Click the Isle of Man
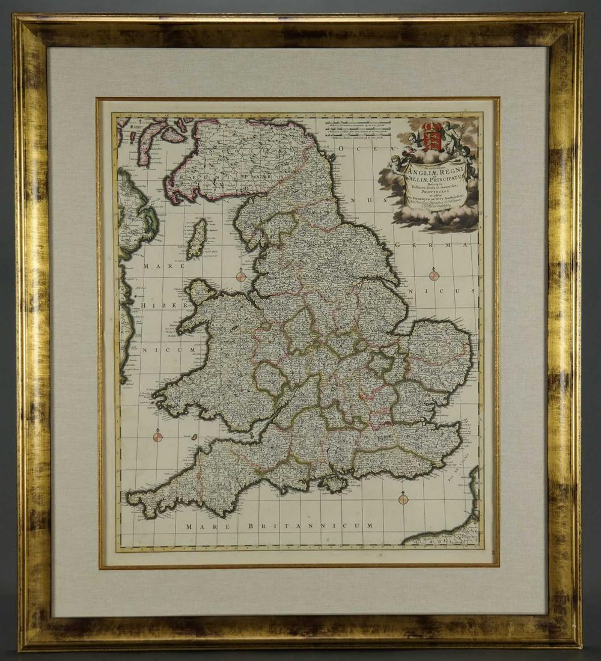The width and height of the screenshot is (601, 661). pos(196,239)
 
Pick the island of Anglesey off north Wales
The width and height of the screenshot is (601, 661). pos(200,292)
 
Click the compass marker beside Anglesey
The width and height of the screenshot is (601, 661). pos(240,276)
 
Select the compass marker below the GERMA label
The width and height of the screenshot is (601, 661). pos(434,276)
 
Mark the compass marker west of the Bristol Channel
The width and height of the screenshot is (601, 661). pos(157,437)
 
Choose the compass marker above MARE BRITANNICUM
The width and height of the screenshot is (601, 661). pos(403,499)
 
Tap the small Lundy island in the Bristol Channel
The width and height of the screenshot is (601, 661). pos(194,437)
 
